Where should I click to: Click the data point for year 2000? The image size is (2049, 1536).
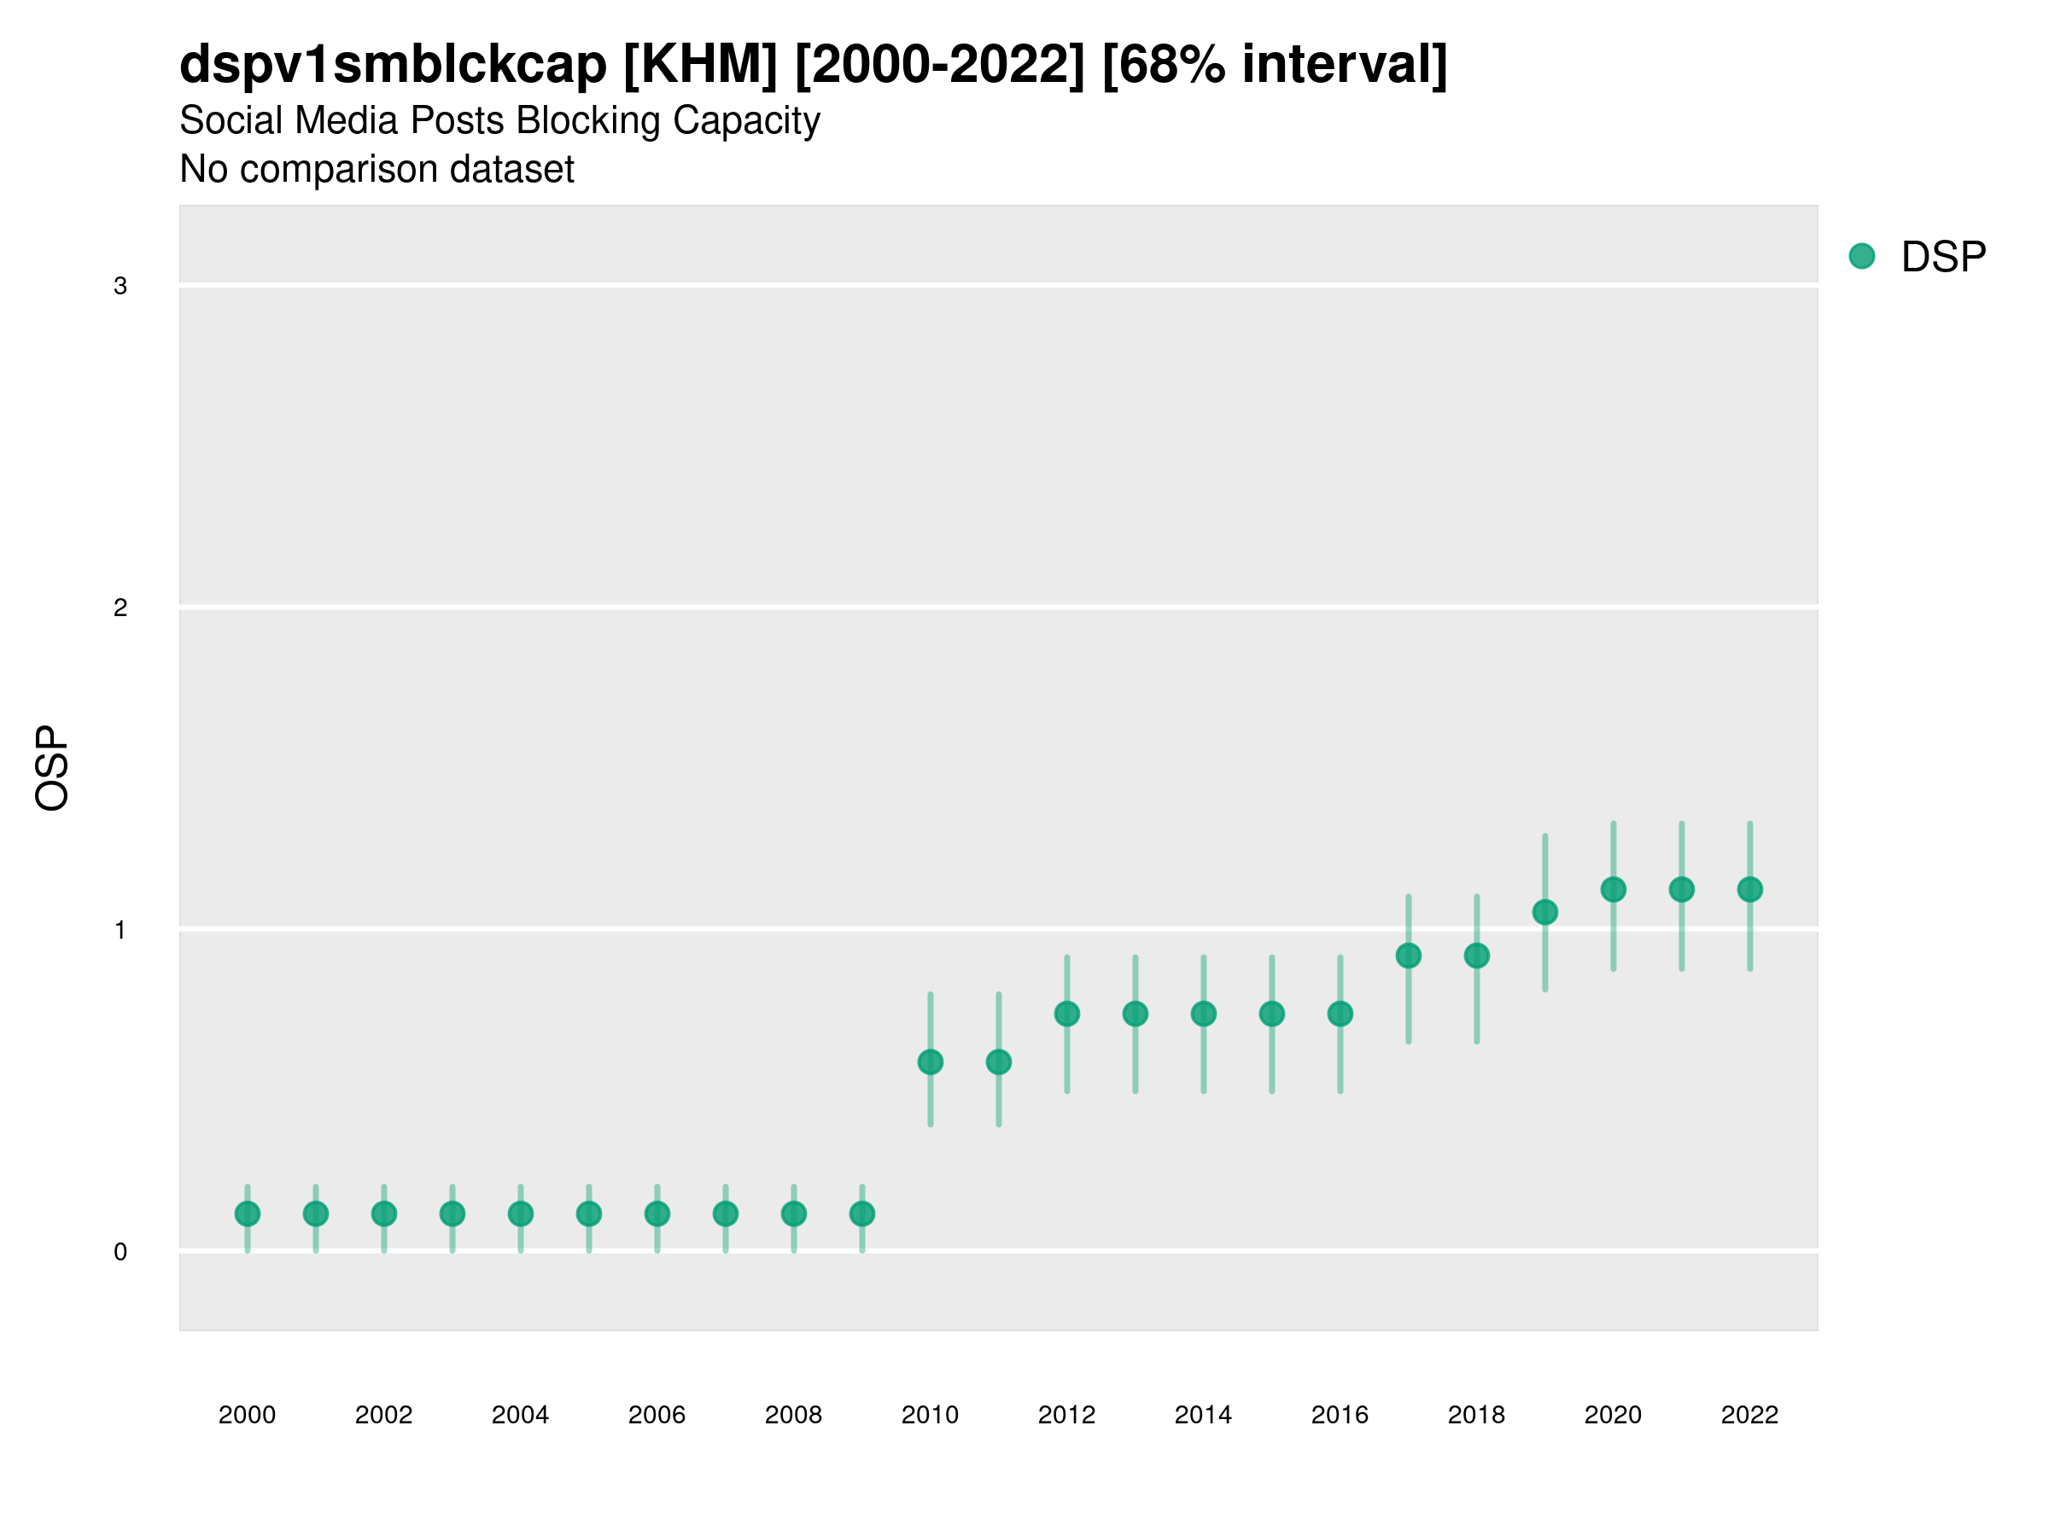248,1213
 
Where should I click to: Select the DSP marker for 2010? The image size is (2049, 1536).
930,1062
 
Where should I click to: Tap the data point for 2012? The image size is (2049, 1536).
1067,1014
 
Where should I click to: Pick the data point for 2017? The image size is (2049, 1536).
1408,956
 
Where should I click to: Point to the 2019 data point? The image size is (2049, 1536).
1545,912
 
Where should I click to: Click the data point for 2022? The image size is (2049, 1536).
1750,890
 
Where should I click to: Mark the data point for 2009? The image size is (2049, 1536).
862,1213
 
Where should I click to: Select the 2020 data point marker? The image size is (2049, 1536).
1614,890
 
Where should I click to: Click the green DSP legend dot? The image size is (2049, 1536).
1862,257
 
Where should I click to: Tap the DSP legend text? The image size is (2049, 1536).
1943,258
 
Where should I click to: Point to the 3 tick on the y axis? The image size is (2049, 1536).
120,286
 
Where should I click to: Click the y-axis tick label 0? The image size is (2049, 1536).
120,1253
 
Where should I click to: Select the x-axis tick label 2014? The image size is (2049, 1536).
1203,1415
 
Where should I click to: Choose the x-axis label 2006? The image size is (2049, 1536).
657,1415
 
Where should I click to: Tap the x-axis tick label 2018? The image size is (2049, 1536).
1476,1415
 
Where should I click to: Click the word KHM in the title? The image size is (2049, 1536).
700,65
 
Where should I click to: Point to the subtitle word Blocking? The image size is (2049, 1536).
588,120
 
